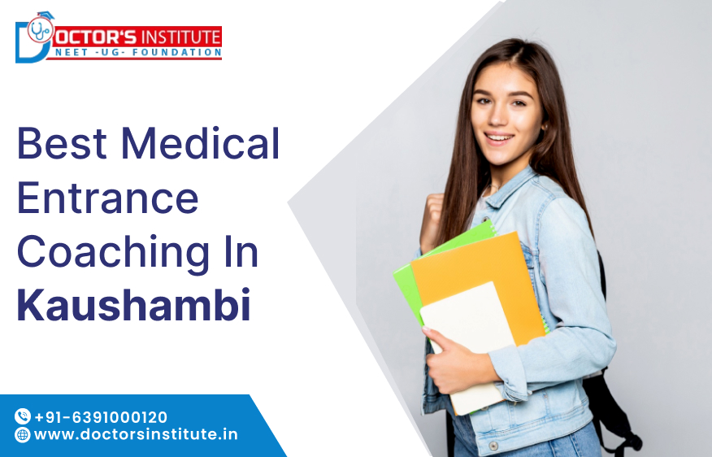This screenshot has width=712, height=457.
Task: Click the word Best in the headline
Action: click(x=62, y=144)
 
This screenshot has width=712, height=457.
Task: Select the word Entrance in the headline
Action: click(x=107, y=198)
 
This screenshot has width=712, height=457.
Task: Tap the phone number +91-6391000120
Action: click(x=101, y=416)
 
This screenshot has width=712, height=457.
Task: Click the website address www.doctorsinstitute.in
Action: click(x=136, y=434)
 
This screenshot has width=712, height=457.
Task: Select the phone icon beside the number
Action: click(x=22, y=416)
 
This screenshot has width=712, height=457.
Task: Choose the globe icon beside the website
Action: click(x=22, y=435)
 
